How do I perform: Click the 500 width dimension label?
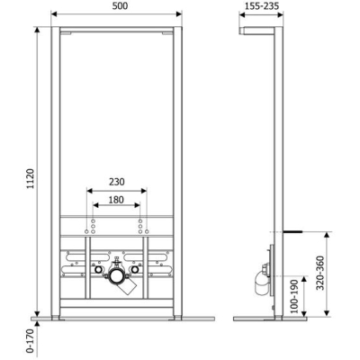pyautogui.click(x=120, y=5)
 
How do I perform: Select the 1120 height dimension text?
pyautogui.click(x=31, y=178)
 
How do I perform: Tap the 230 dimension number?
pyautogui.click(x=116, y=182)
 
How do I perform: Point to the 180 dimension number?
pyautogui.click(x=116, y=200)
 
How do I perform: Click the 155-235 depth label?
pyautogui.click(x=262, y=5)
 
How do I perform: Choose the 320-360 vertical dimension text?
pyautogui.click(x=320, y=273)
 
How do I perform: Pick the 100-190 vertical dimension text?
pyautogui.click(x=294, y=296)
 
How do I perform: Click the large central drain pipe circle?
pyautogui.click(x=116, y=275)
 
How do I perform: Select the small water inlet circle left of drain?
pyautogui.click(x=98, y=270)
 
